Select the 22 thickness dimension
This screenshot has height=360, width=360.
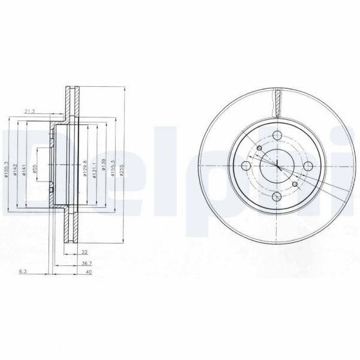click(84, 252)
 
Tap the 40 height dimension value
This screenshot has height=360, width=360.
click(89, 272)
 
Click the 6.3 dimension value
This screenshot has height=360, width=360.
click(23, 272)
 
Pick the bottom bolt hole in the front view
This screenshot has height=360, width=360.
click(276, 197)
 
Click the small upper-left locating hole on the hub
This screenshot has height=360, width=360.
click(259, 149)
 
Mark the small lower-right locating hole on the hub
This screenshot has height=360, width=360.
click(294, 184)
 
